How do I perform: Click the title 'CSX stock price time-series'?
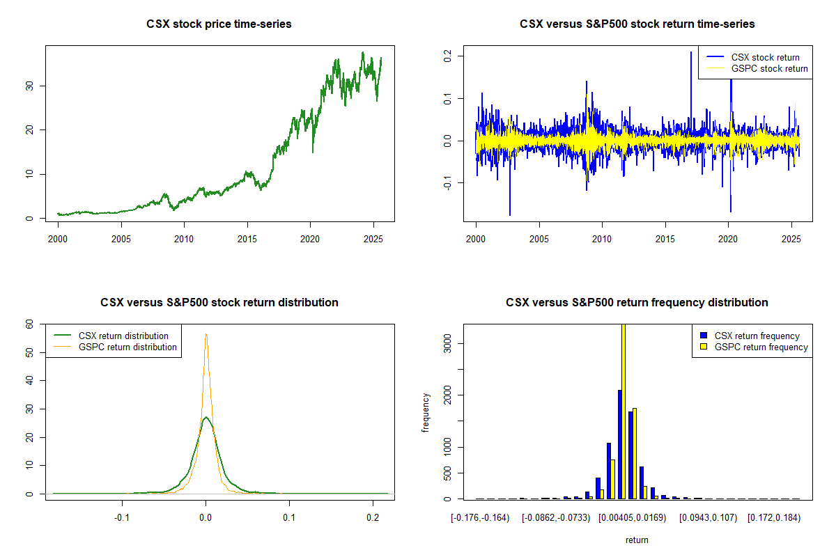coord(219,24)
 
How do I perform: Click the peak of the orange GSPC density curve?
coord(206,334)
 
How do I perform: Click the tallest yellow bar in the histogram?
coord(623,411)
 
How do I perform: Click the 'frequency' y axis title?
coord(426,413)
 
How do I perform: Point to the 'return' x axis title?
coord(637,540)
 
